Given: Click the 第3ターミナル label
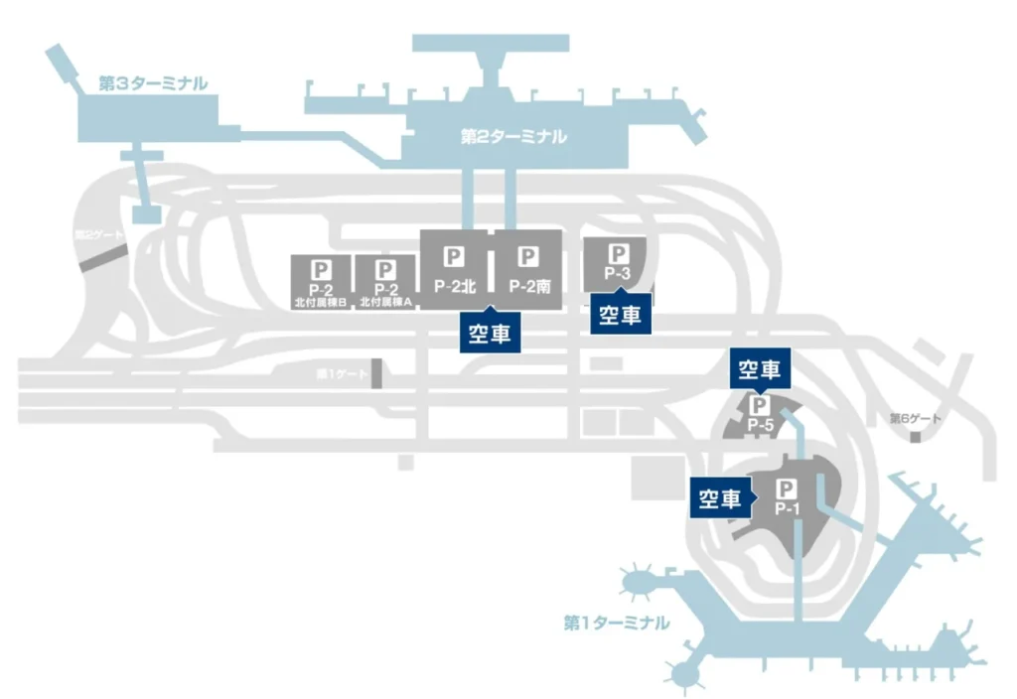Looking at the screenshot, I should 153,83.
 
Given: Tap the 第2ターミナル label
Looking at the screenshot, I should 513,136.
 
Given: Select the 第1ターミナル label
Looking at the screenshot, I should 616,624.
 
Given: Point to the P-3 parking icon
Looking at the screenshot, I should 618,254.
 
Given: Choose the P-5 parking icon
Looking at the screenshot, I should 760,406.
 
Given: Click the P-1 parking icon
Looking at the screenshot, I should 787,489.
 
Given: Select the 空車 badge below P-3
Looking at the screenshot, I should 621,315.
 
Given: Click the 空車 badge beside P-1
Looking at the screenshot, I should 720,498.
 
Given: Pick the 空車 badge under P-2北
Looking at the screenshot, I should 490,334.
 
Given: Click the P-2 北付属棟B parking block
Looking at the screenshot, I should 320,282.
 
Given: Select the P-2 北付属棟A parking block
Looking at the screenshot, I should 385,282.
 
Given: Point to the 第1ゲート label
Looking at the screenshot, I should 341,374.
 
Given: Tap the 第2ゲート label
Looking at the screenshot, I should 100,235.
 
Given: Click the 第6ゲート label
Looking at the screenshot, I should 915,418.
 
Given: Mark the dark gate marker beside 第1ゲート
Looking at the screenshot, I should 376,373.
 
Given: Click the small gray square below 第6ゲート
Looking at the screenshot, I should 915,436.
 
